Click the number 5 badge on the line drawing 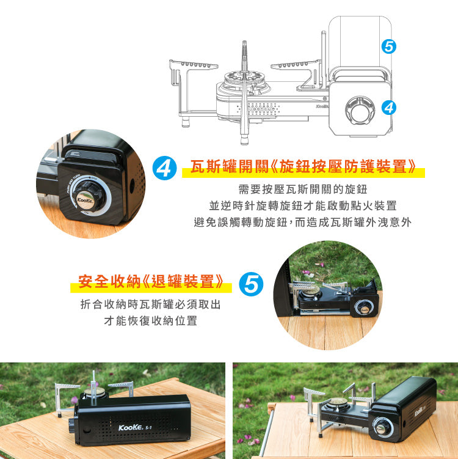pos(388,46)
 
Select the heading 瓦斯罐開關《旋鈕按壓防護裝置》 pos(304,167)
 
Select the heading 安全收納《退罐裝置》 pos(150,282)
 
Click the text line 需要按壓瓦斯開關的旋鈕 pos(303,189)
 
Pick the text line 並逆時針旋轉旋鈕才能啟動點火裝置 pos(303,205)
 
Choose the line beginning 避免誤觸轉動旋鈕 pos(303,222)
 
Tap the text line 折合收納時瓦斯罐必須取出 pos(150,304)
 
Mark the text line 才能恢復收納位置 pos(150,321)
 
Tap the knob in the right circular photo pos(365,309)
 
